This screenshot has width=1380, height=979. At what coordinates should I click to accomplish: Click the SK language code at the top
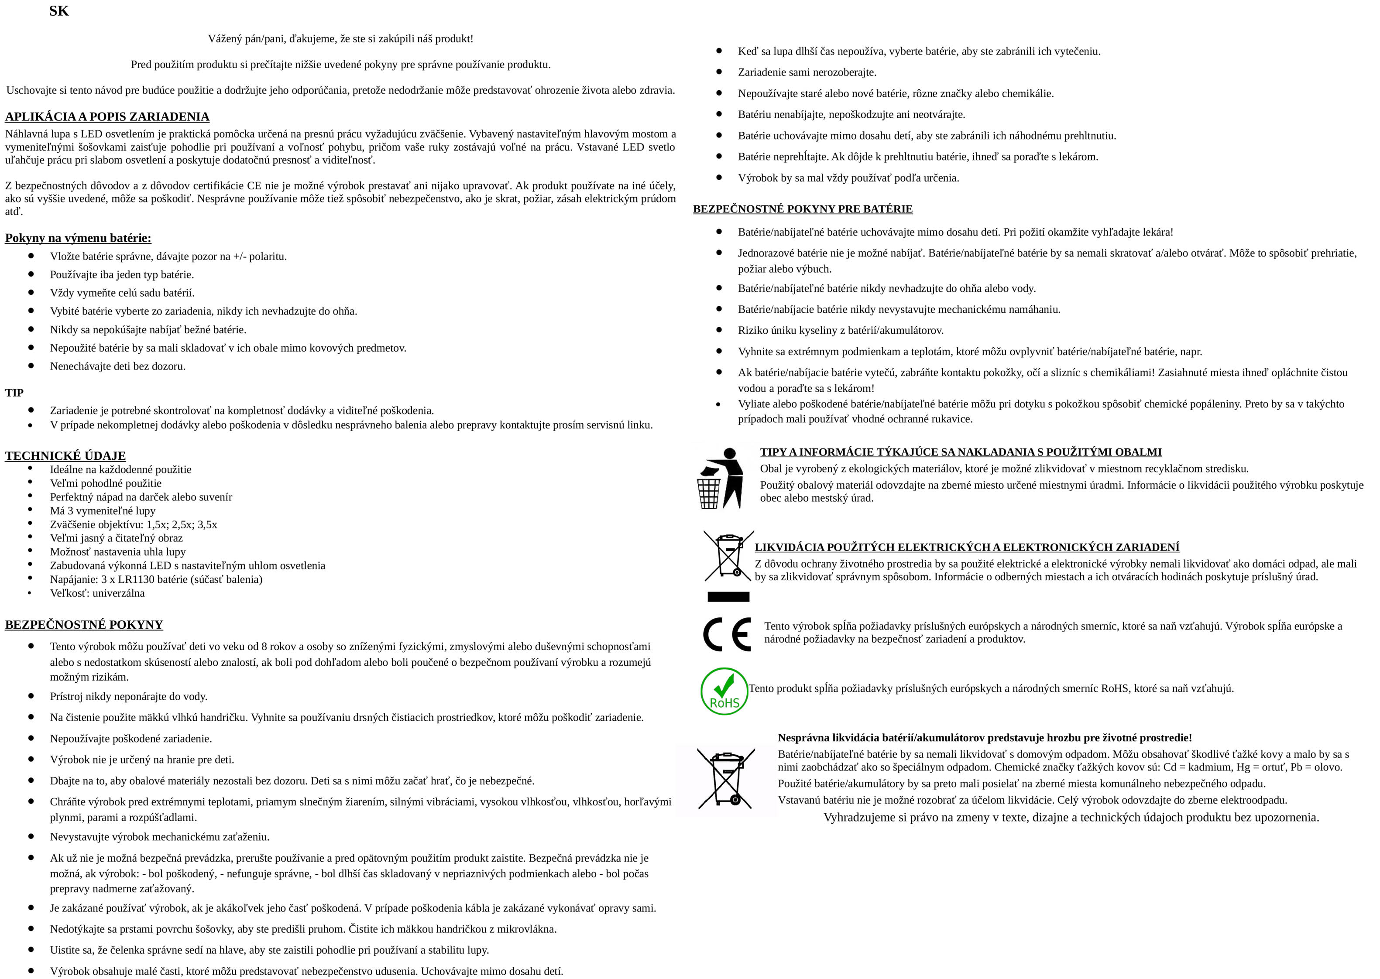click(x=59, y=11)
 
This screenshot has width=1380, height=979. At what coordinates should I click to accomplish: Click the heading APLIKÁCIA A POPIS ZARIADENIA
click(x=107, y=116)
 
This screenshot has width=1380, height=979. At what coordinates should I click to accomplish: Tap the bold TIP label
click(x=14, y=393)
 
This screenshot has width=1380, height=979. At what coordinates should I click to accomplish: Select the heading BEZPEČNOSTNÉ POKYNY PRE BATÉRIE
click(x=803, y=209)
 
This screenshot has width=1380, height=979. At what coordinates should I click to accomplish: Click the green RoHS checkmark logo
click(x=724, y=691)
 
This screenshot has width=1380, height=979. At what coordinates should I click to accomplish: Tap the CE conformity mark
click(x=727, y=634)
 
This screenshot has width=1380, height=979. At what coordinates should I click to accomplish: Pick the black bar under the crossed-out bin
click(x=728, y=597)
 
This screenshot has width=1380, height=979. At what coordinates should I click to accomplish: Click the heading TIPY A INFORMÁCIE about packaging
click(x=961, y=452)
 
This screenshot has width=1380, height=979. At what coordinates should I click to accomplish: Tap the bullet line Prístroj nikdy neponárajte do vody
click(x=128, y=696)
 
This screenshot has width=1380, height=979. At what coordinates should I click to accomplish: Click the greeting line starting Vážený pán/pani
click(x=340, y=38)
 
